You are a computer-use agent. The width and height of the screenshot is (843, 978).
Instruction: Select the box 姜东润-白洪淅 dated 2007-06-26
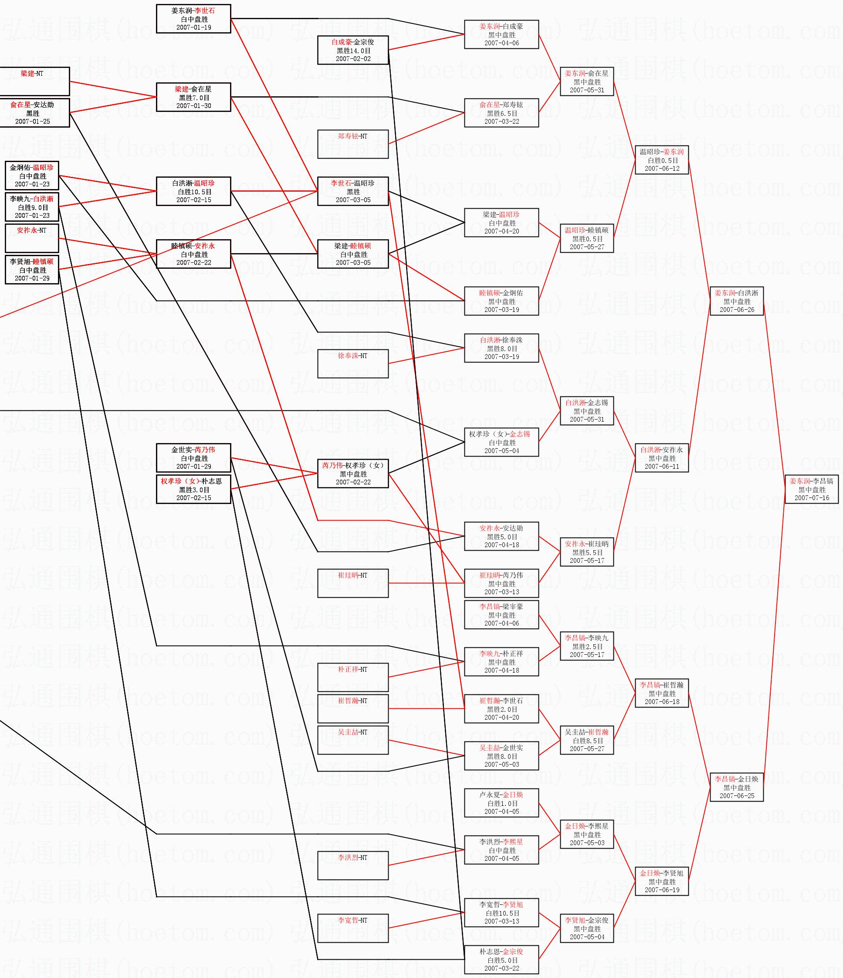tap(736, 301)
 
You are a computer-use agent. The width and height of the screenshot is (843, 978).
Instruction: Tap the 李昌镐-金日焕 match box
tap(736, 787)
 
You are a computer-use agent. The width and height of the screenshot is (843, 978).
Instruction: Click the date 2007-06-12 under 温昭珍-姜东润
tap(662, 169)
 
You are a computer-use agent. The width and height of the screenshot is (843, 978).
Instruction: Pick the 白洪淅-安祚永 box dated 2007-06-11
tap(662, 458)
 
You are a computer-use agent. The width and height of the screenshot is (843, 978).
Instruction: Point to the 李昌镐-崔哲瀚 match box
tap(662, 693)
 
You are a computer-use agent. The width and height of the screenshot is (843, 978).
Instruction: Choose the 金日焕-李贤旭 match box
tap(662, 881)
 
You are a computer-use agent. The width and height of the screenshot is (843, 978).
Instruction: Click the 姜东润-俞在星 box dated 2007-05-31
tap(587, 81)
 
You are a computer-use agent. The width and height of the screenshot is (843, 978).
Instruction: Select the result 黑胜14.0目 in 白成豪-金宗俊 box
tap(353, 51)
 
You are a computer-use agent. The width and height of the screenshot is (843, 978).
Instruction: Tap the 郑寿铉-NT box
tap(352, 144)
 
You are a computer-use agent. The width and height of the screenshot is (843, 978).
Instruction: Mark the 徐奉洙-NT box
tap(352, 363)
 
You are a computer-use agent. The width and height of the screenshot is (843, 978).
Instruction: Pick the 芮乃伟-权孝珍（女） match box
tap(352, 474)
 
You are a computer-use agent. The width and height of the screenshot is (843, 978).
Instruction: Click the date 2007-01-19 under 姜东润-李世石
tap(193, 27)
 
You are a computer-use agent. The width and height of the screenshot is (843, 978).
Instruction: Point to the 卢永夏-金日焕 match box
tap(501, 803)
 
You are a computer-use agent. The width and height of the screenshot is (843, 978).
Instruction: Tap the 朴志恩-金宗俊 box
tap(501, 960)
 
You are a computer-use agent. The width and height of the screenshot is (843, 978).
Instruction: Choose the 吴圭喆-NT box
tap(352, 740)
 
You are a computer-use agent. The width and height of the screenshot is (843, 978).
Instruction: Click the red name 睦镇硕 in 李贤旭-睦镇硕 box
tap(43, 261)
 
